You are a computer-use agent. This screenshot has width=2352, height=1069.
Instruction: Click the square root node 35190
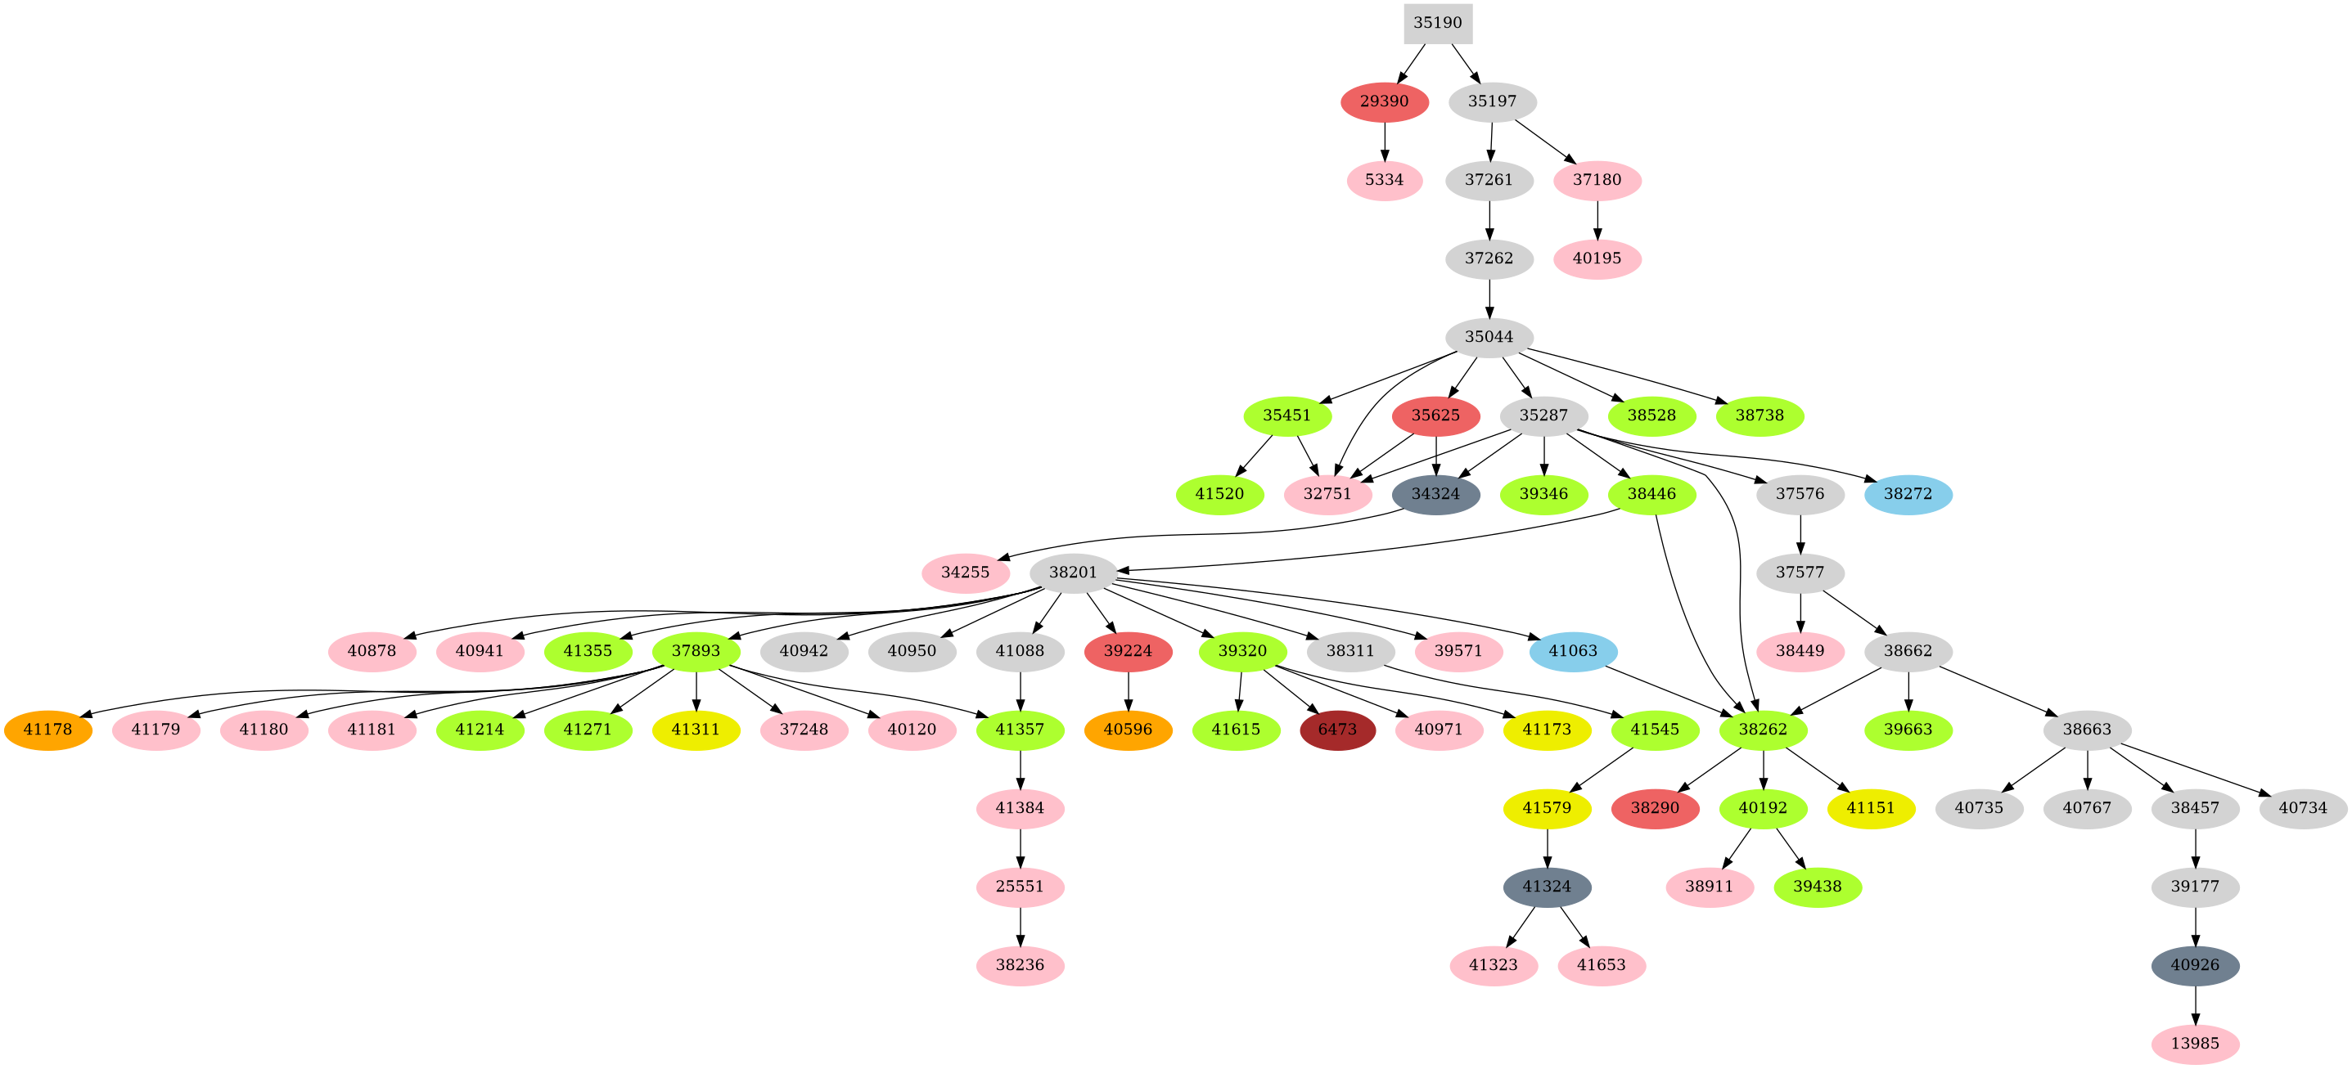point(1437,23)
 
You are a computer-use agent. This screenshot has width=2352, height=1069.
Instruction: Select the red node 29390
point(1384,101)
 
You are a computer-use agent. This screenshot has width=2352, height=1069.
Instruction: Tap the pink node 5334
point(1384,180)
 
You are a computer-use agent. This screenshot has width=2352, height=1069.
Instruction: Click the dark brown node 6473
point(1336,730)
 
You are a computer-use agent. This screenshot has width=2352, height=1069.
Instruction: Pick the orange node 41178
point(47,730)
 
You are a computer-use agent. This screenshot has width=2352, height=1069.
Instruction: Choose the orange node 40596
point(1129,730)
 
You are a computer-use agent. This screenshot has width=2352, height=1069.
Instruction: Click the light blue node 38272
point(1908,495)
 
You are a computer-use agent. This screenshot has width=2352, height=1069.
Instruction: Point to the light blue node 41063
point(1573,652)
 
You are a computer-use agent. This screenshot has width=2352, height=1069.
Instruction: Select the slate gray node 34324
point(1435,495)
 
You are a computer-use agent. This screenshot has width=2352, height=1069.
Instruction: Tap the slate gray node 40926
point(2195,966)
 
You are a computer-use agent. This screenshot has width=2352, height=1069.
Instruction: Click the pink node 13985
point(2195,1044)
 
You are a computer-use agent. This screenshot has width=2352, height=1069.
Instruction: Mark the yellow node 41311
point(696,730)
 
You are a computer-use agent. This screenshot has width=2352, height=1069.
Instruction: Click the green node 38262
point(1762,730)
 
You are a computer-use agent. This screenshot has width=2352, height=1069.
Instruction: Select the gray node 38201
point(1073,573)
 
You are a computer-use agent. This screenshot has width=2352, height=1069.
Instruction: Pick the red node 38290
point(1655,809)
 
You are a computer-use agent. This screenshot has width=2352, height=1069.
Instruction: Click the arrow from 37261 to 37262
point(1489,219)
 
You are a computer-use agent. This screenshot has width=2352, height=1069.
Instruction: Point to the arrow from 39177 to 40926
point(2195,926)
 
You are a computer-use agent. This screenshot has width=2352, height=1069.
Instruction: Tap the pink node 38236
point(1020,966)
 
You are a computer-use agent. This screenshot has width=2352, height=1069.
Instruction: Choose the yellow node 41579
point(1547,809)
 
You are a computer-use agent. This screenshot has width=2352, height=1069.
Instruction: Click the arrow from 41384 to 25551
point(1020,847)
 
